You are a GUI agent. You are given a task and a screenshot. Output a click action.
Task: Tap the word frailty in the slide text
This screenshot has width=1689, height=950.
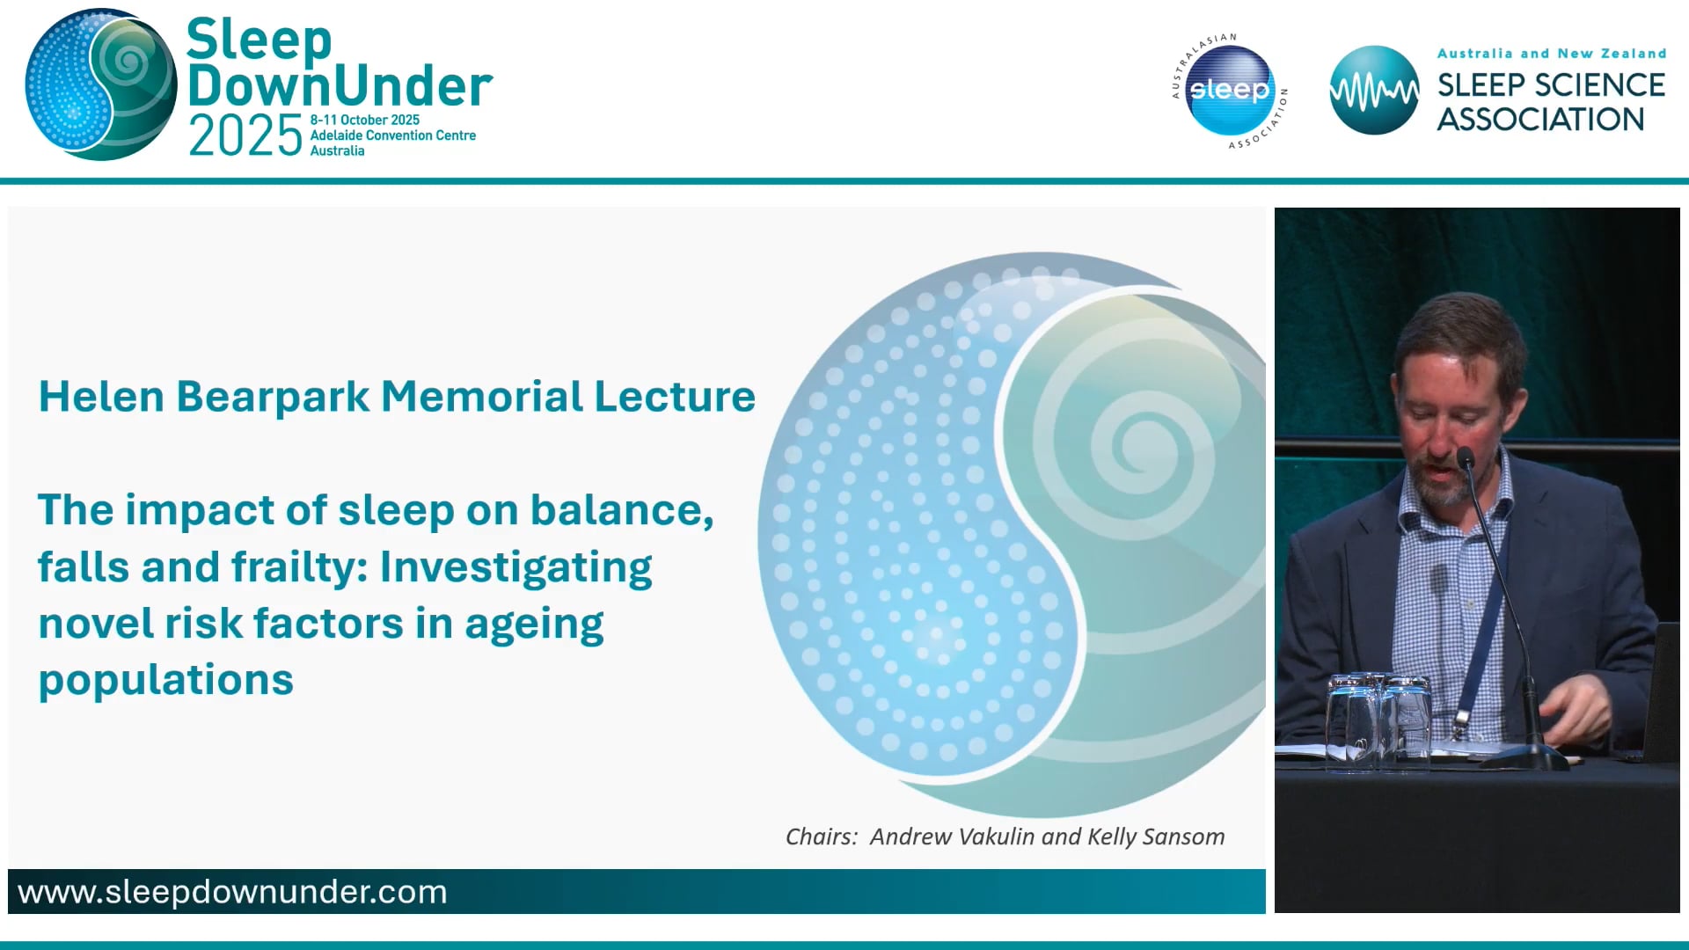pos(298,567)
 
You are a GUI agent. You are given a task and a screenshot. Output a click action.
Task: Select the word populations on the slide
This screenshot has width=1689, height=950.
pos(165,680)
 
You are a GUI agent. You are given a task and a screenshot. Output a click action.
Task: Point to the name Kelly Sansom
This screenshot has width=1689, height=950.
pos(1156,837)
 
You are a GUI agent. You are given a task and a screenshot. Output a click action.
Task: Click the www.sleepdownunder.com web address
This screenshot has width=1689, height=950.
pos(232,892)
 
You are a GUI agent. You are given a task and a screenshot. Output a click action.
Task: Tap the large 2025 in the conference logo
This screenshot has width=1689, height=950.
pos(245,138)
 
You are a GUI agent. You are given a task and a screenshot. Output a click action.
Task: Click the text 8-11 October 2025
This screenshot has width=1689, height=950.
pos(364,120)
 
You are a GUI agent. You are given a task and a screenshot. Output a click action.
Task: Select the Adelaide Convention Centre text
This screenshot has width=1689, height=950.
pos(392,135)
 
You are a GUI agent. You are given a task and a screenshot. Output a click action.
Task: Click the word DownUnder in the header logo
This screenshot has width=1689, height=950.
pos(340,86)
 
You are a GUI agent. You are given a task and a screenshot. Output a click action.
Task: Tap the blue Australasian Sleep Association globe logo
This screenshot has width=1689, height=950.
pos(1229,91)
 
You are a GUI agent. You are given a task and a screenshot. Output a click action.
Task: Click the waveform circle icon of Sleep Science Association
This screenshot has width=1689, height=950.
pos(1373,91)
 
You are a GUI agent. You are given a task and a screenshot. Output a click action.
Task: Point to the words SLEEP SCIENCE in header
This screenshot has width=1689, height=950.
pos(1550,85)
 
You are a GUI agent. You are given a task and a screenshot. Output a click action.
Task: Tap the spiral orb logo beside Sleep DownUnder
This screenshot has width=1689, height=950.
pos(100,85)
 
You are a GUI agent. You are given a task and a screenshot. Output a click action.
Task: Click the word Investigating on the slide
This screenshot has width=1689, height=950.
pos(515,567)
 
